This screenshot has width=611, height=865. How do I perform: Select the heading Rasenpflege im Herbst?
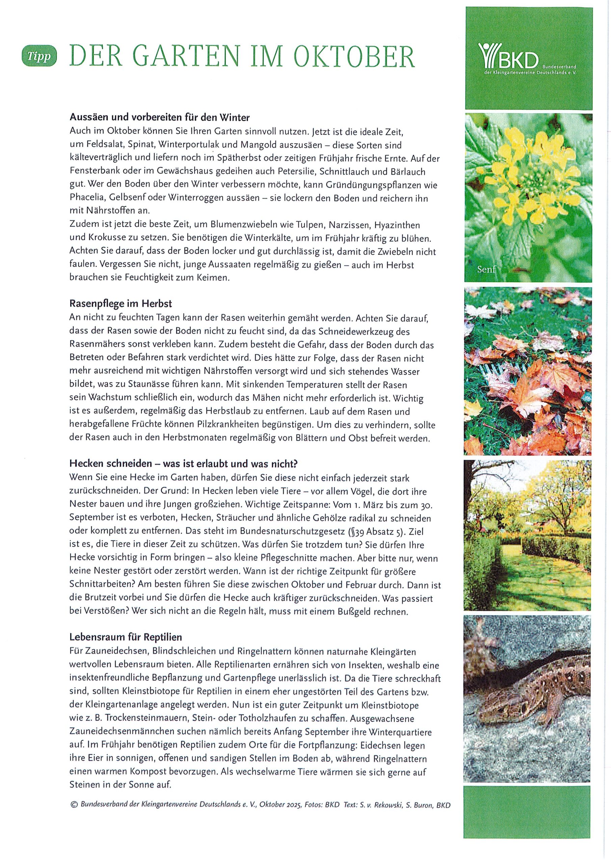pos(121,303)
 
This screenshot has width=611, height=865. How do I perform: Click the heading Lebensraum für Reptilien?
pos(126,637)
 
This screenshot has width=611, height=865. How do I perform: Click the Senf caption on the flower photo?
pos(487,269)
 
